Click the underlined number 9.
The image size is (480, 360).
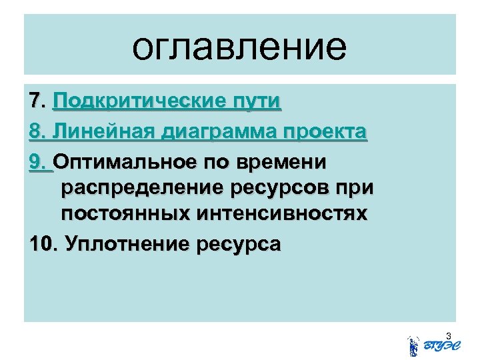click(39, 161)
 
